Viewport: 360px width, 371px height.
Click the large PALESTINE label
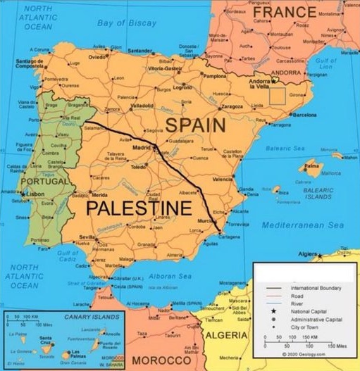tap(139, 208)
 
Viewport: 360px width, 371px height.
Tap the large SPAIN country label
tap(195, 126)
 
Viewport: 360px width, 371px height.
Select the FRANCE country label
tap(284, 13)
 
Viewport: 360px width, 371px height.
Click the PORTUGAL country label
tap(44, 182)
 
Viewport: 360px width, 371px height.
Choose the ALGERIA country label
tap(227, 335)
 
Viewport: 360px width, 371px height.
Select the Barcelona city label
tap(305, 113)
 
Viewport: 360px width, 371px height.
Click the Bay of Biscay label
tap(127, 23)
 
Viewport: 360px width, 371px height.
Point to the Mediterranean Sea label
tap(302, 225)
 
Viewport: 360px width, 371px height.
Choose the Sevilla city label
tap(87, 238)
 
